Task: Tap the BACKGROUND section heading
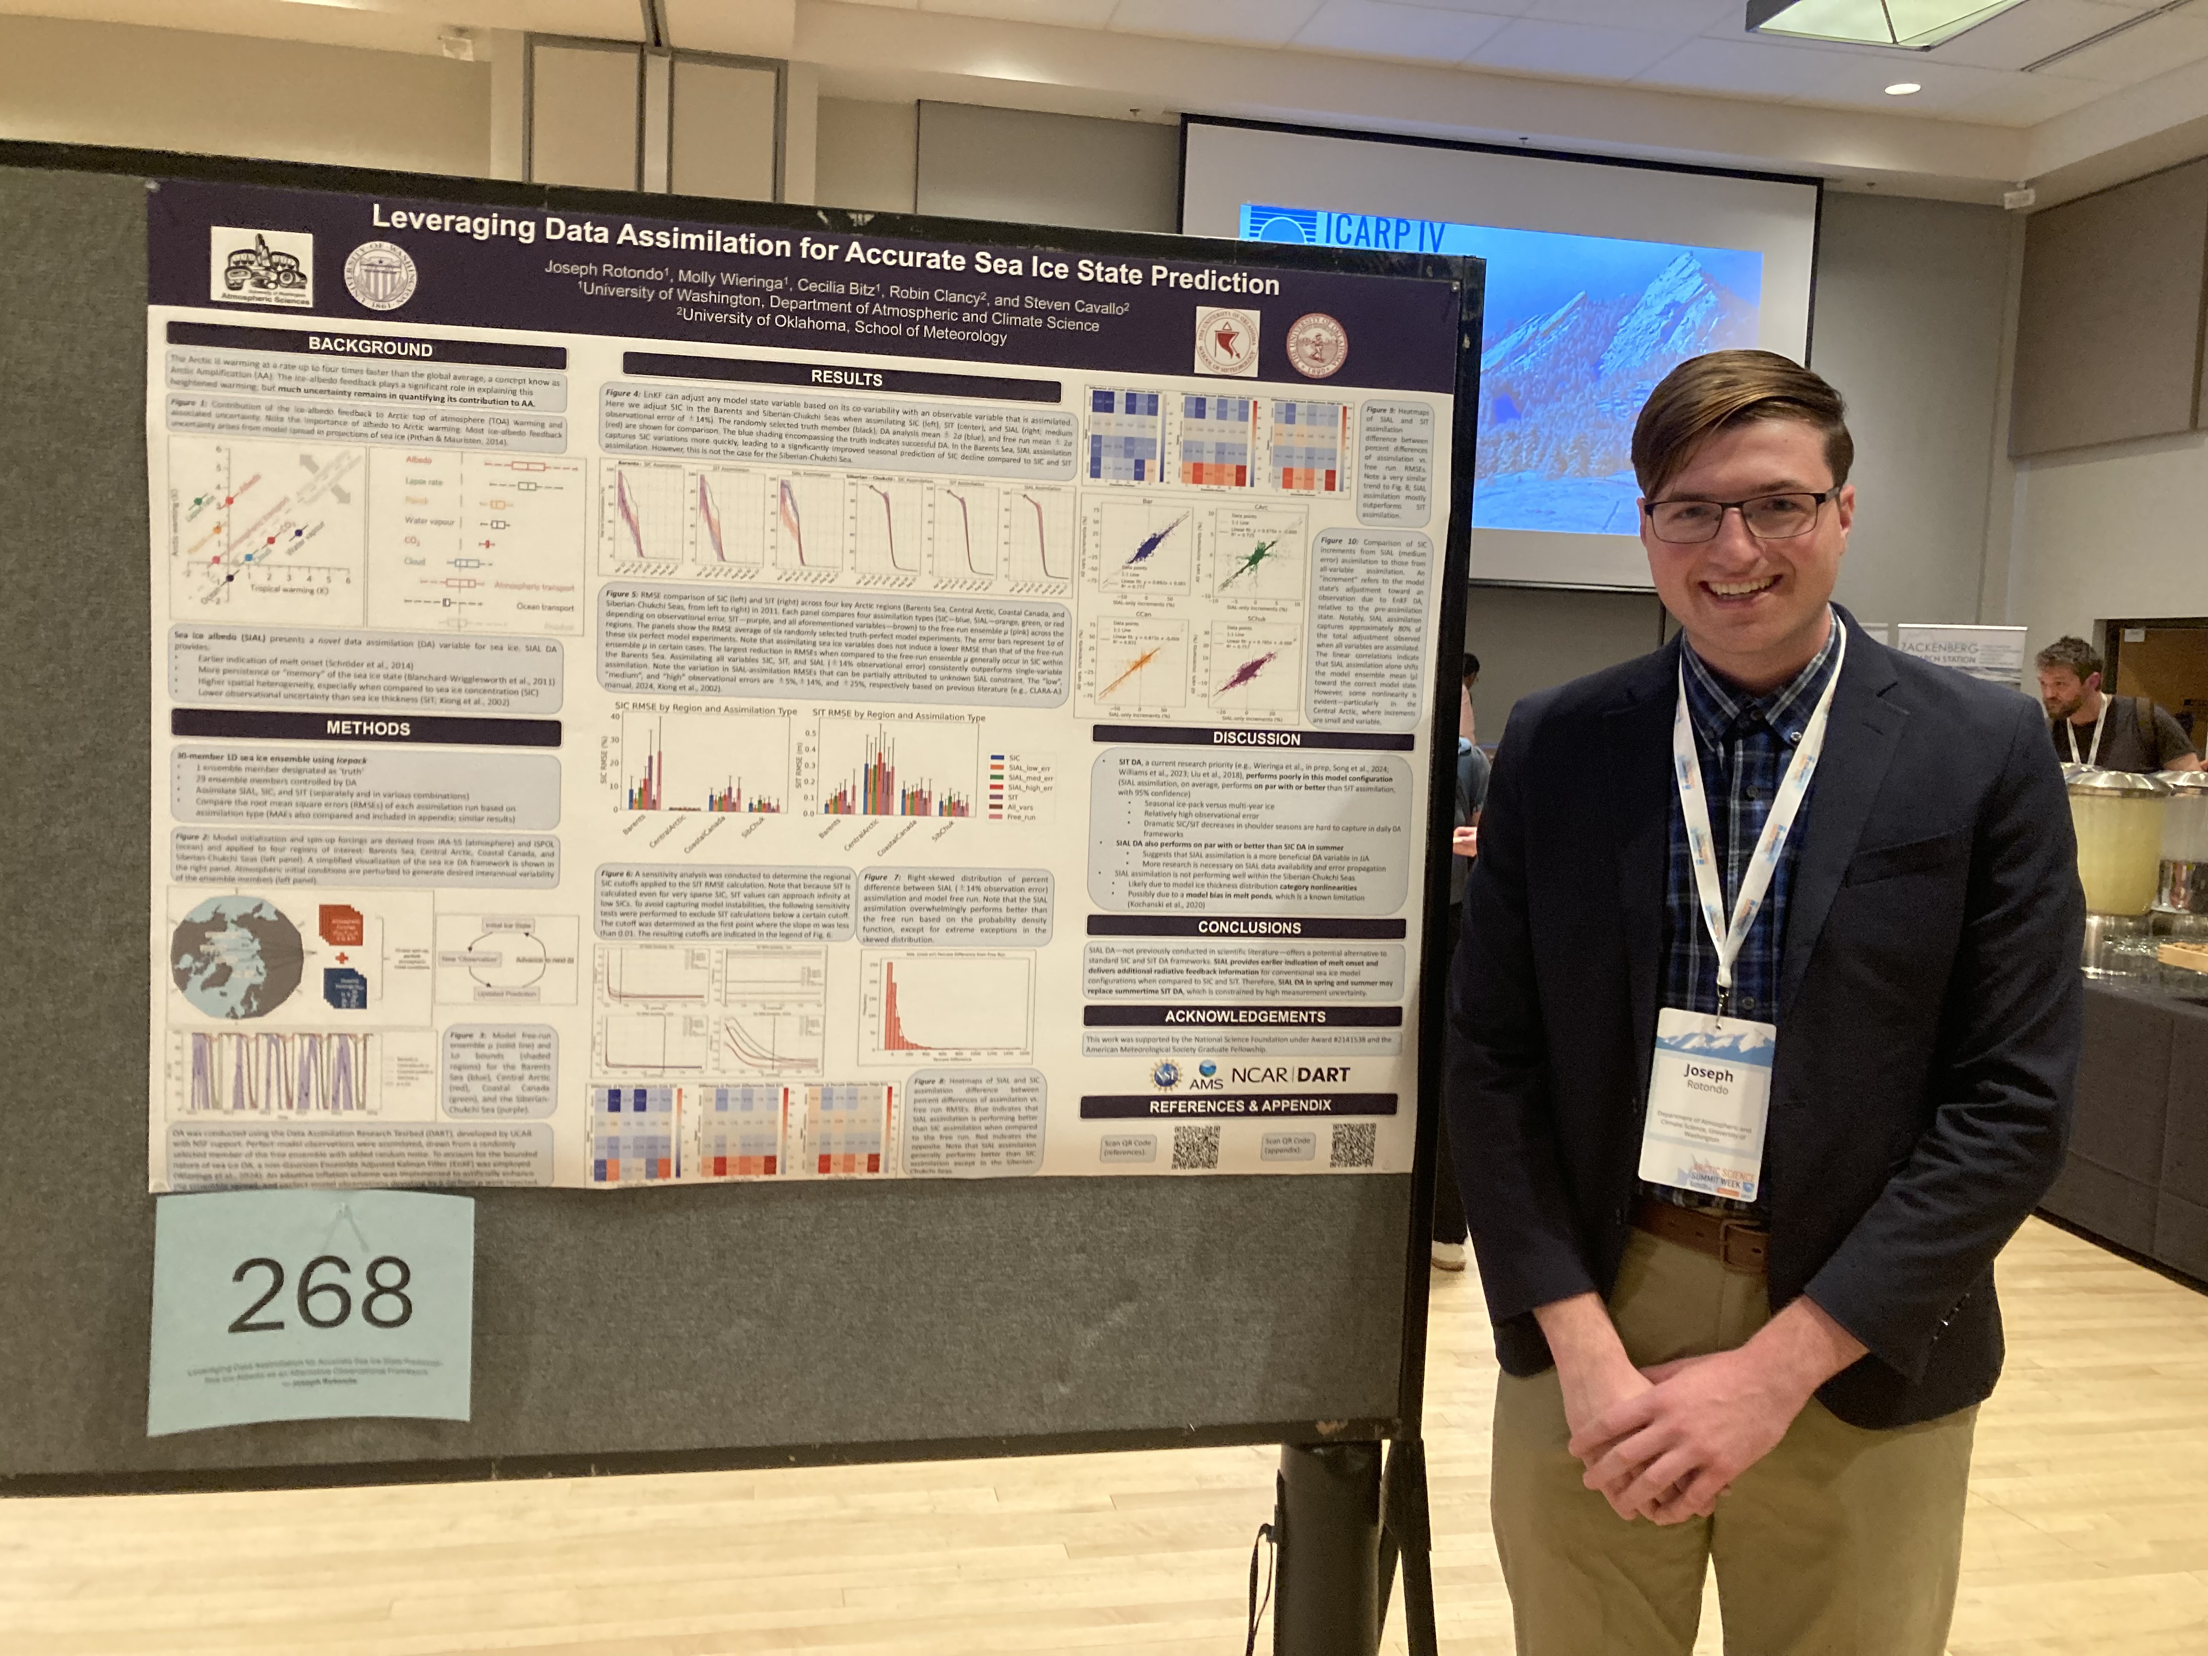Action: (369, 347)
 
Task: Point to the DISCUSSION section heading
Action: (1256, 739)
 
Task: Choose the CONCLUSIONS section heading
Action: (1249, 927)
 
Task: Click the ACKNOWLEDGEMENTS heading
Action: (1245, 1016)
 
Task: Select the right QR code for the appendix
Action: (1353, 1144)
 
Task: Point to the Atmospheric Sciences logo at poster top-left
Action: (262, 268)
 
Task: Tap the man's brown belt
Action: (1707, 1236)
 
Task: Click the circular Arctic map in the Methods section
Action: (237, 956)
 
